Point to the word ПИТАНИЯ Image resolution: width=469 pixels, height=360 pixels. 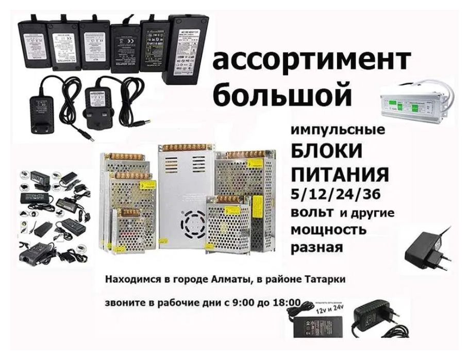[x=340, y=174]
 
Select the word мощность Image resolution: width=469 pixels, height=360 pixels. [x=328, y=229]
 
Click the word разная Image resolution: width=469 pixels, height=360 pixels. [x=316, y=248]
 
